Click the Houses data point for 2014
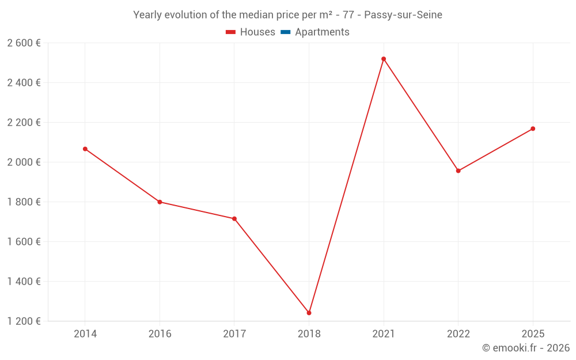click(85, 149)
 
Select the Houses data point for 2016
click(160, 202)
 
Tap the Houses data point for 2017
click(234, 219)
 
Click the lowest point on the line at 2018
click(309, 313)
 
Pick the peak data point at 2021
click(384, 59)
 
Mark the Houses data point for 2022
click(458, 170)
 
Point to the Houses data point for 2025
click(533, 128)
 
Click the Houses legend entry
click(251, 32)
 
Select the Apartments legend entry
click(315, 32)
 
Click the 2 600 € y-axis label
click(24, 43)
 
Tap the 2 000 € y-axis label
click(24, 162)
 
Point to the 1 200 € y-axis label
click(24, 321)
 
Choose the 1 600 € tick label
click(24, 241)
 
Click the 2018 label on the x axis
click(309, 334)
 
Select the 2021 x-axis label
click(384, 334)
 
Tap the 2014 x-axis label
click(85, 334)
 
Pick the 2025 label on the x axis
click(533, 334)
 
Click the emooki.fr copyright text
click(525, 348)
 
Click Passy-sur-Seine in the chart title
click(403, 15)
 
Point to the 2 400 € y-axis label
click(24, 82)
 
